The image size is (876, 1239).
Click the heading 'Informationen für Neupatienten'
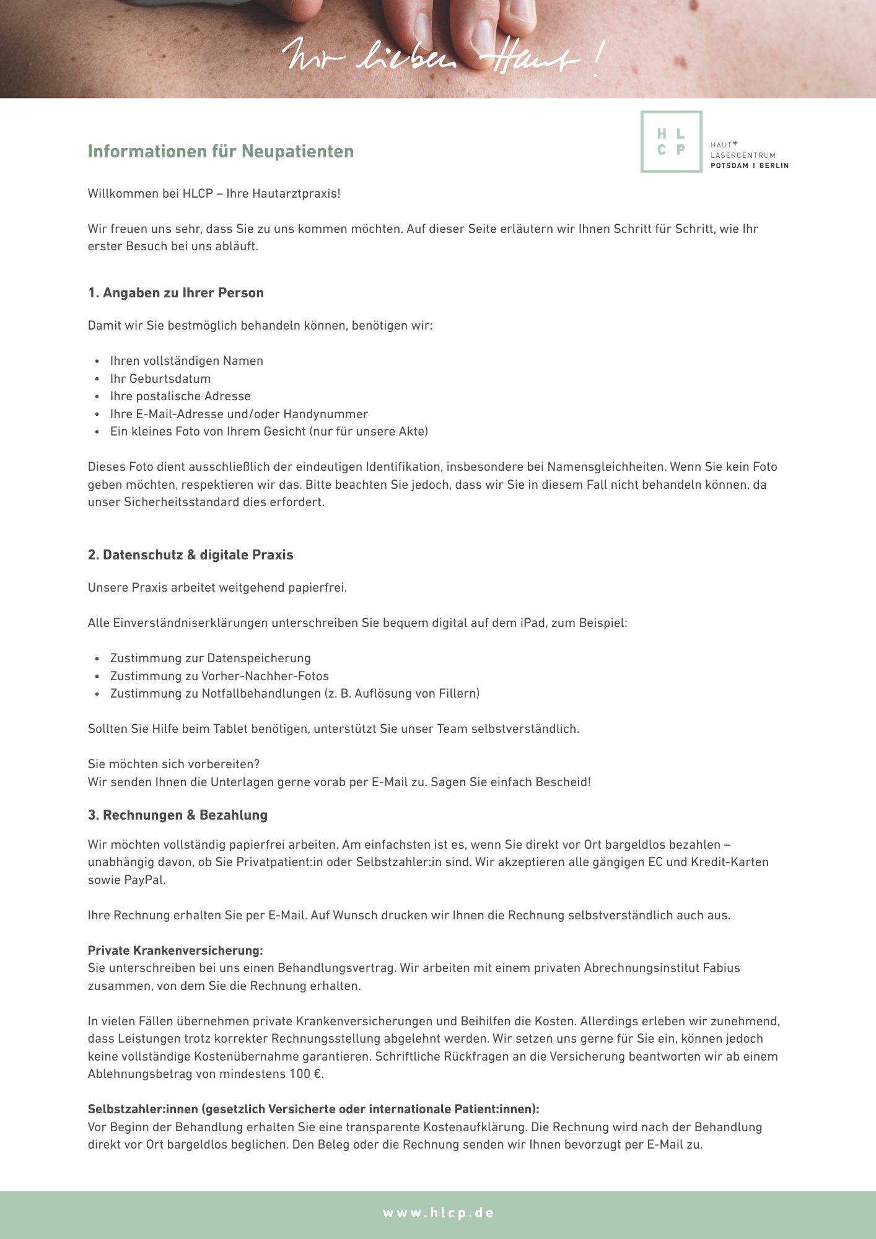[221, 152]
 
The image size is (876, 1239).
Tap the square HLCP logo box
[671, 142]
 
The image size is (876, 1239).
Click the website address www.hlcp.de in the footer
[438, 1213]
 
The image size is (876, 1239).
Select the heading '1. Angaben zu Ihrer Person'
[176, 293]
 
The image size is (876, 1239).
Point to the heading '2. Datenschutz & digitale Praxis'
[191, 555]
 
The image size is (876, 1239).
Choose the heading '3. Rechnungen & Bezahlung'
[178, 815]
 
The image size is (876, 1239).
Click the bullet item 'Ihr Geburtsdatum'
[160, 379]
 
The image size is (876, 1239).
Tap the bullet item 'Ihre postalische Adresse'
[180, 396]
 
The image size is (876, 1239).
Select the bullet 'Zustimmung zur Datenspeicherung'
[211, 659]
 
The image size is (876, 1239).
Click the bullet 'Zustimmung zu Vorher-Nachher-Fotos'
[219, 676]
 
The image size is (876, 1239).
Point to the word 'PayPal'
[145, 880]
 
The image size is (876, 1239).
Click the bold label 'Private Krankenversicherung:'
[175, 950]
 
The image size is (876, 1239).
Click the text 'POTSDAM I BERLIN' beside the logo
[750, 166]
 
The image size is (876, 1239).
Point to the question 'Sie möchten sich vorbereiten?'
[174, 764]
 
